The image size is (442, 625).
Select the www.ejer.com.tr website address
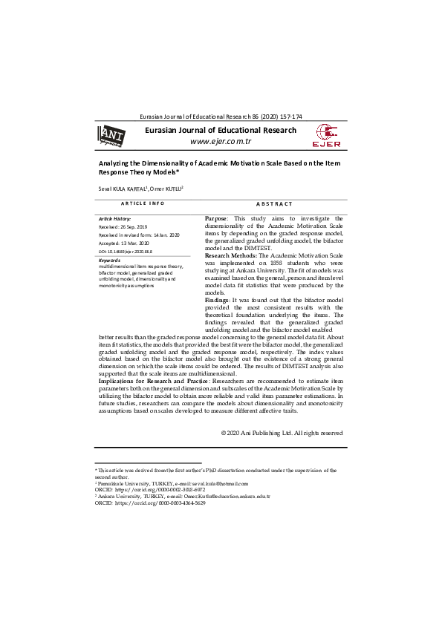(x=221, y=141)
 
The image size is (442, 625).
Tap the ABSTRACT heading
(x=273, y=203)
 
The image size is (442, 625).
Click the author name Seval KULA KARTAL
(x=123, y=189)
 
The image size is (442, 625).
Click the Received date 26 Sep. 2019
(x=123, y=226)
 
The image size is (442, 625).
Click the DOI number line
(x=126, y=252)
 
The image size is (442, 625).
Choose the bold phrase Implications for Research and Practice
(x=155, y=381)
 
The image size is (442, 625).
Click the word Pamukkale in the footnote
(x=114, y=483)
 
